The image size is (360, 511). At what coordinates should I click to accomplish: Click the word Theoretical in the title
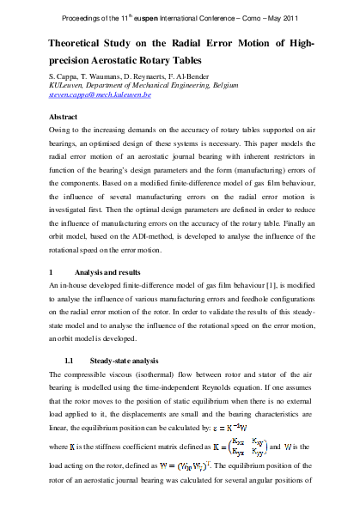click(83, 44)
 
